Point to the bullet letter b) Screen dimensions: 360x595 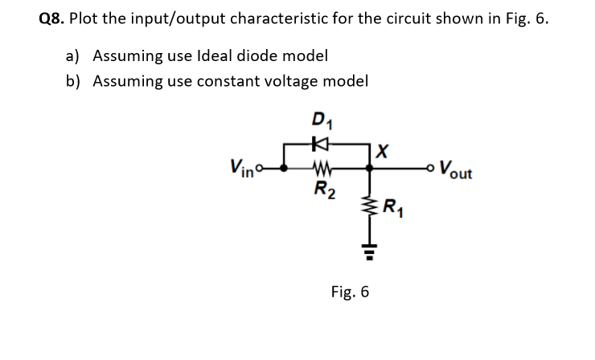point(75,81)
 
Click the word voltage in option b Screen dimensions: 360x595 point(293,81)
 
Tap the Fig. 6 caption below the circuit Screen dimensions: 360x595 point(351,292)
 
